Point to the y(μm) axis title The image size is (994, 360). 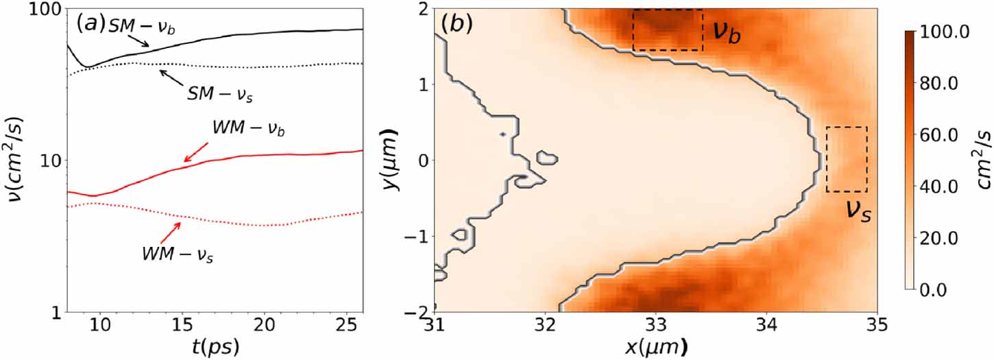(x=391, y=160)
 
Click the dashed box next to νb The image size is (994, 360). (x=668, y=30)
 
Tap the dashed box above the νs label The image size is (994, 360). (x=847, y=159)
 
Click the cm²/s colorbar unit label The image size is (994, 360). (x=982, y=160)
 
